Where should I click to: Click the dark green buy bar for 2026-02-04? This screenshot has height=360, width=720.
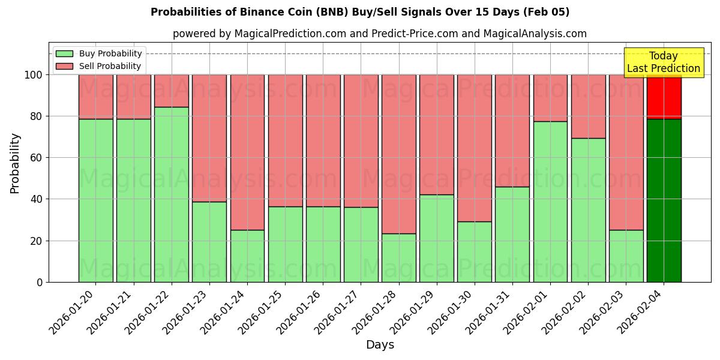pyautogui.click(x=664, y=200)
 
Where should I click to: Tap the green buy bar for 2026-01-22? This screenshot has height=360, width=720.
pyautogui.click(x=172, y=194)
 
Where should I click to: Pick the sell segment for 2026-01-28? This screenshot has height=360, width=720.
pyautogui.click(x=399, y=154)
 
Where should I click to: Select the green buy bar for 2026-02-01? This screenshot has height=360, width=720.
pyautogui.click(x=550, y=202)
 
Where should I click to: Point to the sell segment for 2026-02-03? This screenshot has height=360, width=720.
pyautogui.click(x=626, y=152)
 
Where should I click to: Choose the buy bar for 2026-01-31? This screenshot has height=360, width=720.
pyautogui.click(x=512, y=234)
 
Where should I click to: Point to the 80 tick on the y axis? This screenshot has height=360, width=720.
pyautogui.click(x=36, y=116)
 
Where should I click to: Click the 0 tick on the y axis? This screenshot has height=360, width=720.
pyautogui.click(x=40, y=282)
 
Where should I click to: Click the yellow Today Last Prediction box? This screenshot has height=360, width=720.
pyautogui.click(x=664, y=62)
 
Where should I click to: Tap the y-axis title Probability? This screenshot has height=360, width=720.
pyautogui.click(x=15, y=163)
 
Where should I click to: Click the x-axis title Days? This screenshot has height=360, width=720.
pyautogui.click(x=380, y=345)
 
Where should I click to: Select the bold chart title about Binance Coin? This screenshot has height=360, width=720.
pyautogui.click(x=360, y=12)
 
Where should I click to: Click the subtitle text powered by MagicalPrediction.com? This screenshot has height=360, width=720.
pyautogui.click(x=380, y=34)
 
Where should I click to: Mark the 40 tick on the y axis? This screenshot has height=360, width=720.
pyautogui.click(x=36, y=199)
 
